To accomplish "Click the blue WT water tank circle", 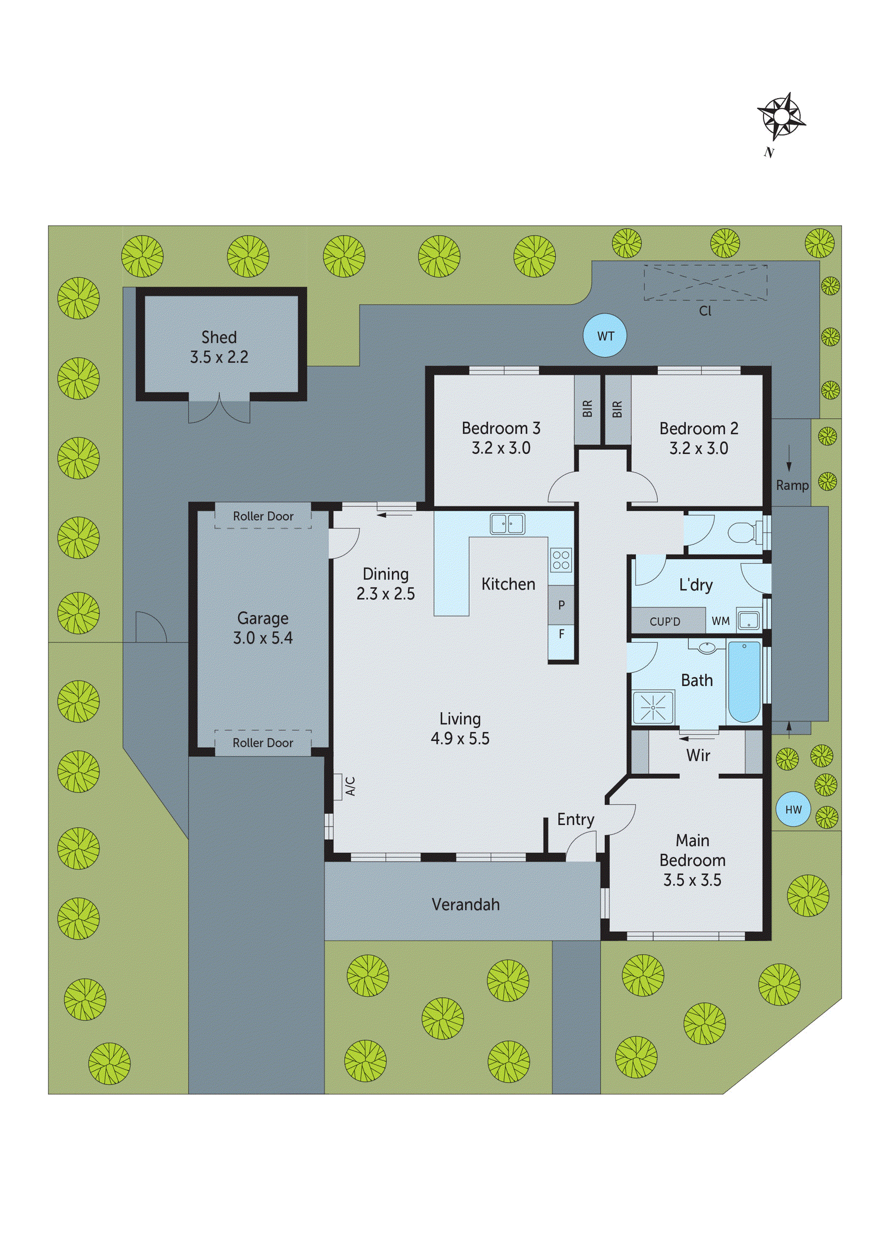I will (x=605, y=336).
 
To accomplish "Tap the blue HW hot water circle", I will (x=793, y=810).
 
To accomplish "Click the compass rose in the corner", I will (x=781, y=116).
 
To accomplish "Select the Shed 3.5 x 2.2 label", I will (x=219, y=347).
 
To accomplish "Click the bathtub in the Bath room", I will (x=744, y=681).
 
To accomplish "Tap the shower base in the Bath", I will (x=653, y=707).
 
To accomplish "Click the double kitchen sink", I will (x=507, y=524).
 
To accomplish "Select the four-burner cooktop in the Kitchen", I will (x=561, y=560).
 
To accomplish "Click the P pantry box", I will (x=561, y=605).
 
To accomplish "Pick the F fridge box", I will (x=561, y=634).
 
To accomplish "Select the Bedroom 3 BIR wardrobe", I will (x=587, y=409).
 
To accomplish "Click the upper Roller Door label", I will (x=263, y=516).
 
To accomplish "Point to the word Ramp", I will (x=792, y=485).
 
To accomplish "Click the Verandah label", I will (x=466, y=904).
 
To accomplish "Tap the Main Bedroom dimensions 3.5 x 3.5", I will (x=692, y=880).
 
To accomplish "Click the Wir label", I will (x=698, y=756).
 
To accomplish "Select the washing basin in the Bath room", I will (x=709, y=647).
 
